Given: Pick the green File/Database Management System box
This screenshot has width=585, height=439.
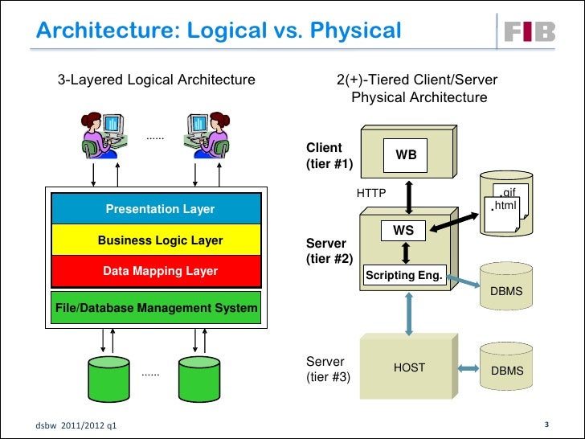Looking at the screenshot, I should tap(157, 307).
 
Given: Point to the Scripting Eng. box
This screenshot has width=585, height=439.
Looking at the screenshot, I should tap(404, 276).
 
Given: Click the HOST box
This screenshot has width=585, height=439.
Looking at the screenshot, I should tap(409, 367).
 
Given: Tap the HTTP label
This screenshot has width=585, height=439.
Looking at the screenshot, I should tap(371, 193).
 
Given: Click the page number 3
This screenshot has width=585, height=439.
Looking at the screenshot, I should tap(546, 424).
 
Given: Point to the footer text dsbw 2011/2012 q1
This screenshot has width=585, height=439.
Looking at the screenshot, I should tap(76, 424).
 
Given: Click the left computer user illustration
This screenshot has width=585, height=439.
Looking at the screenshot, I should tap(104, 133).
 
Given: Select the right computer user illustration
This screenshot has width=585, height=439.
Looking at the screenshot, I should tap(205, 133).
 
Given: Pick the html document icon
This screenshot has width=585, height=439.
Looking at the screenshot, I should tap(505, 207).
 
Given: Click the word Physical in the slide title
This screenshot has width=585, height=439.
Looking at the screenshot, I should tap(354, 31).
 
